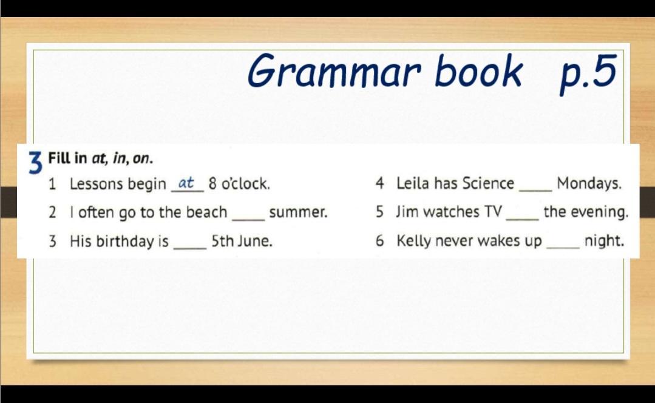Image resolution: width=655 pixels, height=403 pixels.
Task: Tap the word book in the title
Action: point(478,70)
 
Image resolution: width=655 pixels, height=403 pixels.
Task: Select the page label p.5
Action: point(588,73)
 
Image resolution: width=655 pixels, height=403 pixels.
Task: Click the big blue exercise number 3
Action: point(36,163)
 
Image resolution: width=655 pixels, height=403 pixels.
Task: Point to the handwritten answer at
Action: point(186,183)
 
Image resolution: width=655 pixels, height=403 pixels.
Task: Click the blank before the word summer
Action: point(248,220)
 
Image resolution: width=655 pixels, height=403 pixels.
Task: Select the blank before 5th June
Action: point(190,249)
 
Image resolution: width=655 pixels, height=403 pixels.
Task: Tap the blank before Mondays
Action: point(535,191)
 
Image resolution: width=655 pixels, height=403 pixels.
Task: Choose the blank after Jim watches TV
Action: point(522,219)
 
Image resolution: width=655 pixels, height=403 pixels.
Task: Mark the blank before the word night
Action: point(563,248)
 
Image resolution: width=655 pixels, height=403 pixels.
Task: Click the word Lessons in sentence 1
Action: point(97,183)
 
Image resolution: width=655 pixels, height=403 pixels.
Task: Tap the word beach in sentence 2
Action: point(206,212)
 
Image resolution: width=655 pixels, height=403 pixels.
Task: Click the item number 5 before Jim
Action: point(379,212)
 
